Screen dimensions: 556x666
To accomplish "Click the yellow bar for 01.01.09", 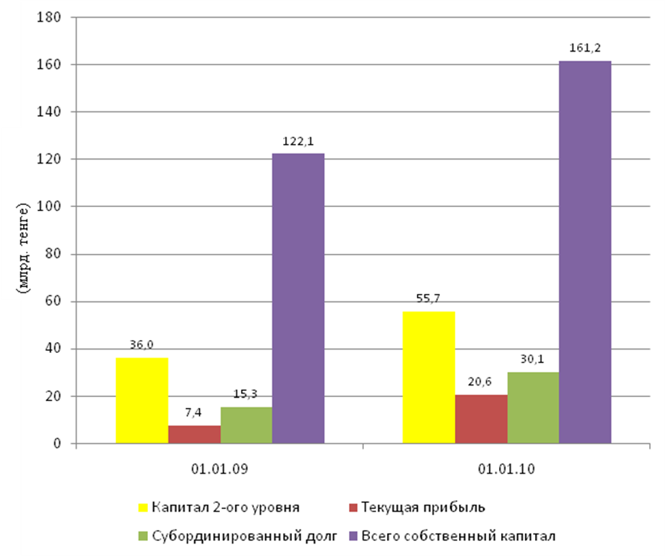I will coord(142,401).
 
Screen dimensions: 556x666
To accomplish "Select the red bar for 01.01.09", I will coord(194,434).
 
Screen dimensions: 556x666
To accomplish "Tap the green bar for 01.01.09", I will coord(246,426).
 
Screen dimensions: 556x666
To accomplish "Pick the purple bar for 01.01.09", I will coord(298,299).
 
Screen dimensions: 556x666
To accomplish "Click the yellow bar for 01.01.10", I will coord(429,377).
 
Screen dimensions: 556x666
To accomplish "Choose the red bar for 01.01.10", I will coord(481,419).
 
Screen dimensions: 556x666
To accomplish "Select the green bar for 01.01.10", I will coord(534,408).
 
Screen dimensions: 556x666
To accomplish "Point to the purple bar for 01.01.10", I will coord(585,253).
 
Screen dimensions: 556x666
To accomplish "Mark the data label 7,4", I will coord(194,413).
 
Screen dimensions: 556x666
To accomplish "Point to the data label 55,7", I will coord(430,299).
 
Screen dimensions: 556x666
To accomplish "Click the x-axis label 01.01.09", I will coord(219,469).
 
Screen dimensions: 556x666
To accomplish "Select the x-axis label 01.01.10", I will coord(506,469).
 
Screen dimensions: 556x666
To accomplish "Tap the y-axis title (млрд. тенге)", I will coord(24,247).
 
